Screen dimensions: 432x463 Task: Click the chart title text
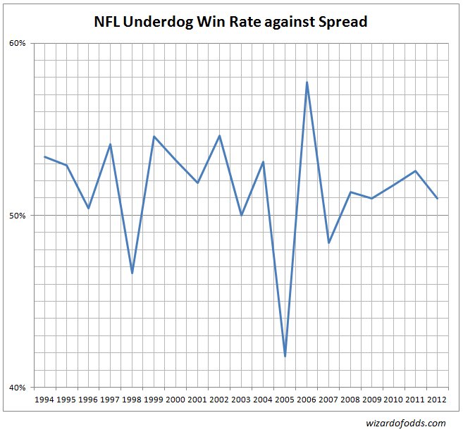[230, 22]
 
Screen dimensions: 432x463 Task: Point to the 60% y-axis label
[17, 43]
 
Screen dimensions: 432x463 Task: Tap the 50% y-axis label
[17, 215]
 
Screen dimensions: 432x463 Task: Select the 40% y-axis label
[17, 387]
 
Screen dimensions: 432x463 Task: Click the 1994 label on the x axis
[44, 400]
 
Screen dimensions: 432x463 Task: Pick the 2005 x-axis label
[285, 400]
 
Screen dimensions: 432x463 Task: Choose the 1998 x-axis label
[132, 400]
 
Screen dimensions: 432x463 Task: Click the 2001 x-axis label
[197, 400]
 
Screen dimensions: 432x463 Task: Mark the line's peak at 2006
[307, 82]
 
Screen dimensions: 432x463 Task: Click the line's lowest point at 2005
[285, 356]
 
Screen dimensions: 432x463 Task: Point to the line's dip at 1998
[132, 273]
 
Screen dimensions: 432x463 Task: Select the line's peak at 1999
[154, 136]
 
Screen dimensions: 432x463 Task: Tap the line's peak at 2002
[219, 135]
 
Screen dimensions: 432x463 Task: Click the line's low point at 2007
[328, 243]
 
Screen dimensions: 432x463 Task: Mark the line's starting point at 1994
[44, 156]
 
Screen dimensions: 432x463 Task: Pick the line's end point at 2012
[438, 198]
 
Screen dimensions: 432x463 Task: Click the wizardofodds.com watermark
[406, 423]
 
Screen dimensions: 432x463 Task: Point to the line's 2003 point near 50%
[241, 214]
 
